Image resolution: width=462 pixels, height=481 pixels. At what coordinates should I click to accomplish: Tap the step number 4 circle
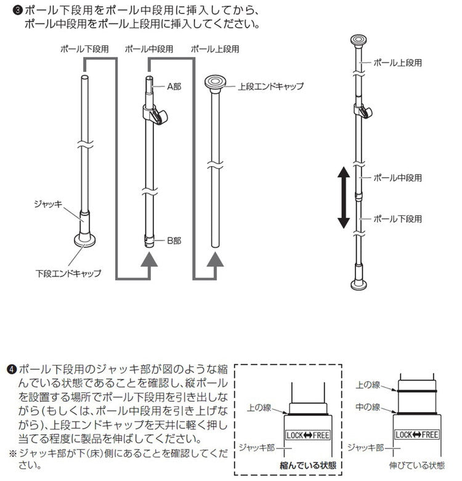click(x=11, y=369)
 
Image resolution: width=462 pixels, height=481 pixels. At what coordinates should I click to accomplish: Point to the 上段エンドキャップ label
click(x=271, y=87)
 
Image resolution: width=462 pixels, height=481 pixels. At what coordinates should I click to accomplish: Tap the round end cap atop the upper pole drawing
click(x=215, y=81)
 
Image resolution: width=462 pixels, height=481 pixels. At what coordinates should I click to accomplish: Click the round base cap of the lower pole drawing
click(x=84, y=240)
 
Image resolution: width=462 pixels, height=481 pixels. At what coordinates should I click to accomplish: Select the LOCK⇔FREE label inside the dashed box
click(x=308, y=435)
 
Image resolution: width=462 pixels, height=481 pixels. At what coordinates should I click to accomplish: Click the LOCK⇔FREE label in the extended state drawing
click(x=417, y=435)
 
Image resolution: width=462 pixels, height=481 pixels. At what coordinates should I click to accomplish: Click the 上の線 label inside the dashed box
click(x=259, y=407)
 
